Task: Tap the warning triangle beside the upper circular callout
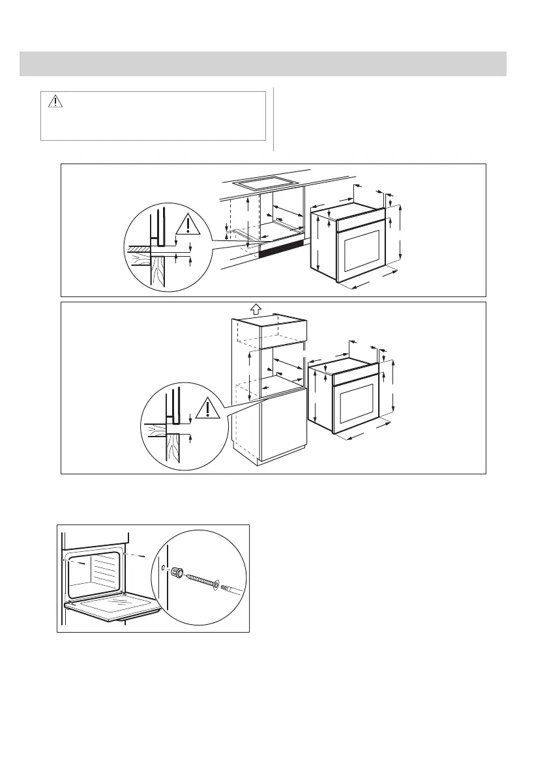pos(188,225)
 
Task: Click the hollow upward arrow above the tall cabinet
pos(256,308)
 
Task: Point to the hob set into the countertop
pos(265,185)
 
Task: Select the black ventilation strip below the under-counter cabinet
pos(282,249)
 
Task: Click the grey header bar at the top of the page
pos(263,63)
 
